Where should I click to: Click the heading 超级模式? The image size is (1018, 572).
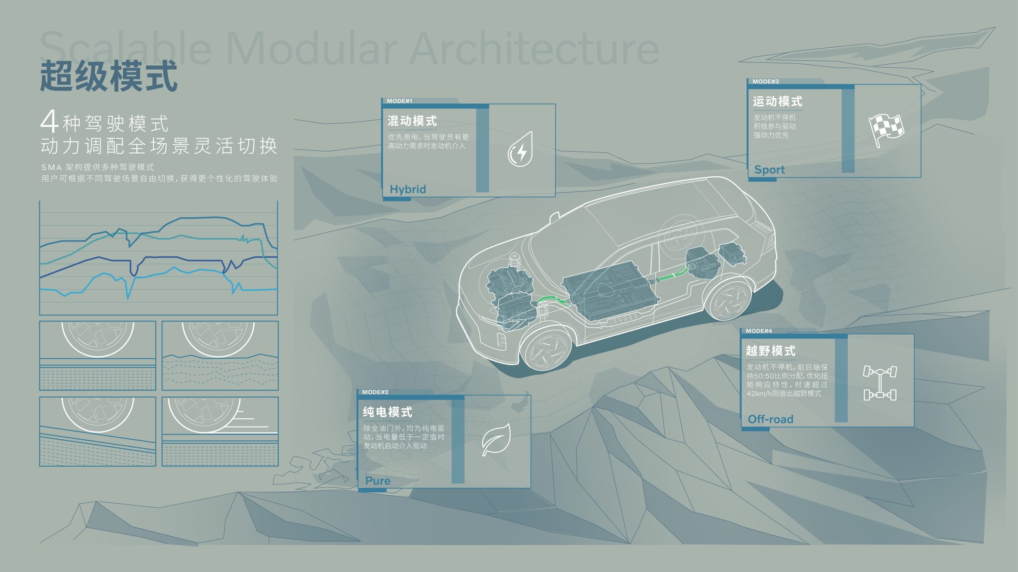point(108,76)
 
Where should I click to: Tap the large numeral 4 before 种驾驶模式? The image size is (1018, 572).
point(50,122)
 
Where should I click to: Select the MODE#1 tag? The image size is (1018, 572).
point(399,101)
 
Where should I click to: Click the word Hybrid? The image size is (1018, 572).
point(408,189)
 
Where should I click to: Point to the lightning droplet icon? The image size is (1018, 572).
point(520,150)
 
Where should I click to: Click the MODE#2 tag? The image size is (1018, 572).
point(375,392)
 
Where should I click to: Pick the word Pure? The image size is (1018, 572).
point(378,481)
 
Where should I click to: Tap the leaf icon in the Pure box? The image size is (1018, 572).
point(496,439)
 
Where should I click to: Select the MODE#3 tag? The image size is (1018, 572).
point(765,81)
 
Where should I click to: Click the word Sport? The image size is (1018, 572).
point(769,170)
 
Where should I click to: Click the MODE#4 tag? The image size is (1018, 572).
point(759,331)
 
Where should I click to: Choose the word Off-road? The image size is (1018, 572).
point(770,419)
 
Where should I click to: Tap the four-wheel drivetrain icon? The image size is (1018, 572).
point(880,383)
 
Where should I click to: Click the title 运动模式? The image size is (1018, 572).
point(777,102)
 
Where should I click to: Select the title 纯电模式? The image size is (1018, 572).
point(387,412)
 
